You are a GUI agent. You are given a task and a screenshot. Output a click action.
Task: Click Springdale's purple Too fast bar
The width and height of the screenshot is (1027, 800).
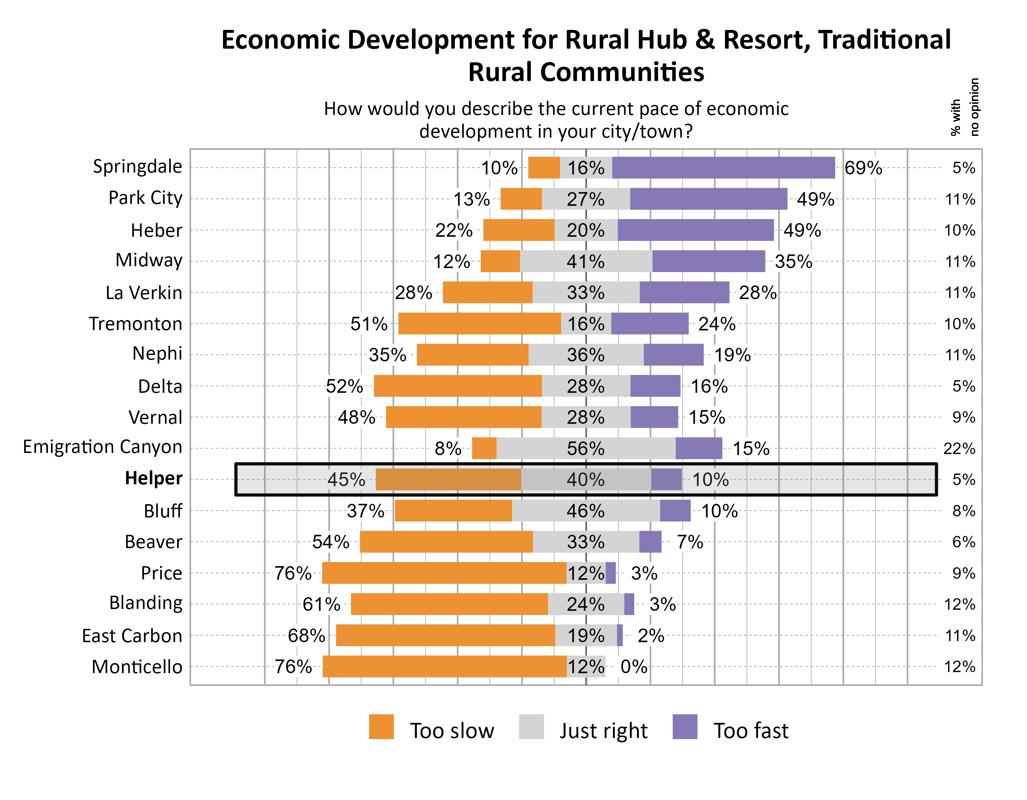(723, 168)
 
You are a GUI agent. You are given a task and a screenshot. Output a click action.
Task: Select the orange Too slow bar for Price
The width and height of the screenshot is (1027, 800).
(444, 573)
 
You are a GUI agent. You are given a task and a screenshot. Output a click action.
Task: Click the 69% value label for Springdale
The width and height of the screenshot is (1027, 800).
(863, 168)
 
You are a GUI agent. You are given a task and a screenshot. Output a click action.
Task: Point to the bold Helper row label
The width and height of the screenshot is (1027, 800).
(153, 478)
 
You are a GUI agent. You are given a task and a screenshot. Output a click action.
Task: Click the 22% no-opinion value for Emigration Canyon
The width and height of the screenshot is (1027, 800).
(959, 449)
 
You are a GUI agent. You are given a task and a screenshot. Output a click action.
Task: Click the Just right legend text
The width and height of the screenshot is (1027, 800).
(603, 731)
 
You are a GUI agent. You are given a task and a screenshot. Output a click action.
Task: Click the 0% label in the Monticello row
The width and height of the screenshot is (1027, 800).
(634, 667)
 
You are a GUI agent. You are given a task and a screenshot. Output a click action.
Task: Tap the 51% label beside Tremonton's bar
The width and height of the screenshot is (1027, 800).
(369, 324)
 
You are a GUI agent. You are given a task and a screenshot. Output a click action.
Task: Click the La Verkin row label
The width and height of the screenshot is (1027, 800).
(143, 293)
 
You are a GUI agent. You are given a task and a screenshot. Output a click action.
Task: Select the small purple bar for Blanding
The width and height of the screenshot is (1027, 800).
(629, 604)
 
